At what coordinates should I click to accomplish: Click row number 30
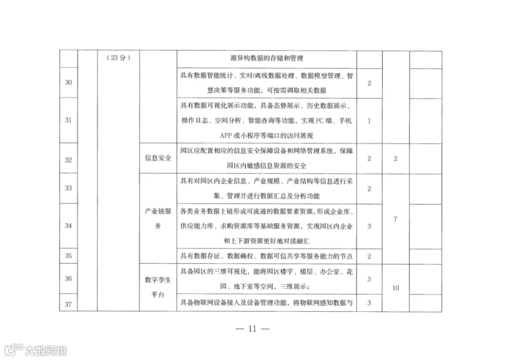click(x=68, y=83)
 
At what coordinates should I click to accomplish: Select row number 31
click(x=68, y=120)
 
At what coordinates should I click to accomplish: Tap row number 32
click(x=68, y=160)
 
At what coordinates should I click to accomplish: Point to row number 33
click(x=68, y=188)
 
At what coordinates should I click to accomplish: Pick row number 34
click(x=68, y=226)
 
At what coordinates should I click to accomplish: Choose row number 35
click(x=68, y=256)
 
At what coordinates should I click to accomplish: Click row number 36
click(x=68, y=278)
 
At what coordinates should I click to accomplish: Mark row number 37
click(x=68, y=305)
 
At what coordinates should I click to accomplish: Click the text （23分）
click(x=119, y=58)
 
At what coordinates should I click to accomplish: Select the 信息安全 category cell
click(x=158, y=158)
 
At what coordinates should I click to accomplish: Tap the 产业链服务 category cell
click(x=158, y=218)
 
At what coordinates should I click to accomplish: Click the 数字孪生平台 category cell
click(x=158, y=287)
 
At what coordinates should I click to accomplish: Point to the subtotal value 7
click(x=395, y=219)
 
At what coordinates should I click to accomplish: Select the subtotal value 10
click(x=395, y=288)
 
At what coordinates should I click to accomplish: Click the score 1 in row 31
click(x=369, y=121)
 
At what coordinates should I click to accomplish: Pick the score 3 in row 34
click(x=369, y=226)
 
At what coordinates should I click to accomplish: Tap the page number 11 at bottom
click(x=253, y=329)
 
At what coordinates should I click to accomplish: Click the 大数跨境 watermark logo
click(x=36, y=350)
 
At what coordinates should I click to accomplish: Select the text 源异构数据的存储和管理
click(x=266, y=58)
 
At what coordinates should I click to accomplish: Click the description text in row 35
click(x=266, y=256)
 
